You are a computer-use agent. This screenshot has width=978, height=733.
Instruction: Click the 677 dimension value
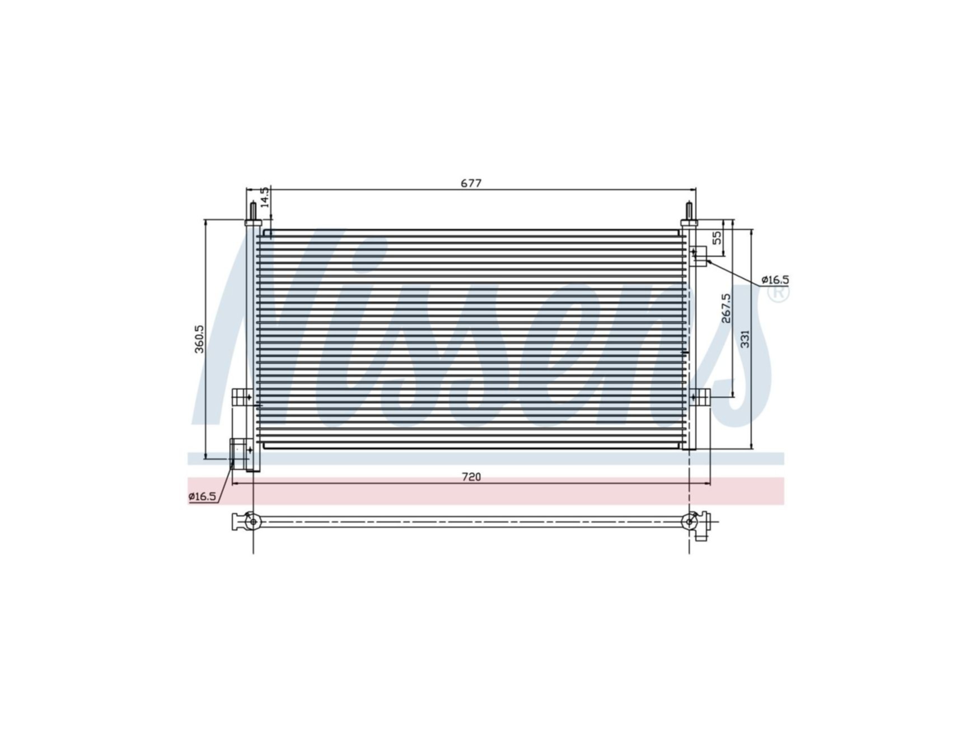tap(471, 183)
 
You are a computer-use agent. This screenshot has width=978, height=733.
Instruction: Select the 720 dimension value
tap(471, 477)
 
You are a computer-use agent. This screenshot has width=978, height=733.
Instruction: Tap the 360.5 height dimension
tap(200, 339)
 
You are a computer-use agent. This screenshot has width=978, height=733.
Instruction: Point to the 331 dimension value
tap(745, 339)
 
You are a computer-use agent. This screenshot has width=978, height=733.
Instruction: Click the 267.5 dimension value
tap(726, 308)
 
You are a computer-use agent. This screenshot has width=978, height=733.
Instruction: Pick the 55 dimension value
tap(717, 238)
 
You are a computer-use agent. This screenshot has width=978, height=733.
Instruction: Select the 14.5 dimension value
tap(265, 198)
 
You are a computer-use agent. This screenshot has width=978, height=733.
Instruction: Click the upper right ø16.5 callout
tap(775, 279)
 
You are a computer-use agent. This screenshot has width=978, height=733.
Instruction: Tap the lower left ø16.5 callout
tap(202, 496)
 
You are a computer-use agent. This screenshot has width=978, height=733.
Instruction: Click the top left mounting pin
tap(253, 212)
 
